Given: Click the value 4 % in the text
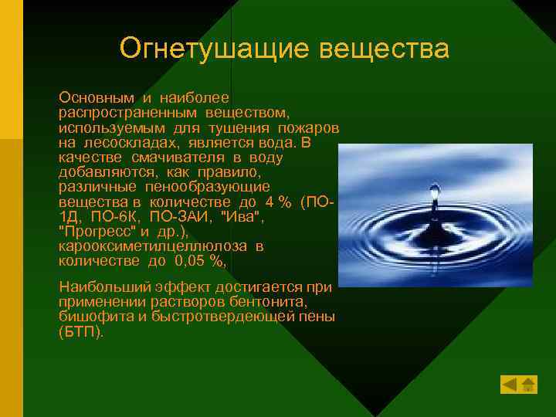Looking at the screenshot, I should [276, 202].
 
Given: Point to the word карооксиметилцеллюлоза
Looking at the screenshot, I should [152, 246].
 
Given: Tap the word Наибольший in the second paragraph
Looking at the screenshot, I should [98, 288].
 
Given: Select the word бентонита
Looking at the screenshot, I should [274, 302].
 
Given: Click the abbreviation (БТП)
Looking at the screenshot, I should [81, 332].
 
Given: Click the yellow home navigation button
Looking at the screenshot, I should [528, 384].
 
